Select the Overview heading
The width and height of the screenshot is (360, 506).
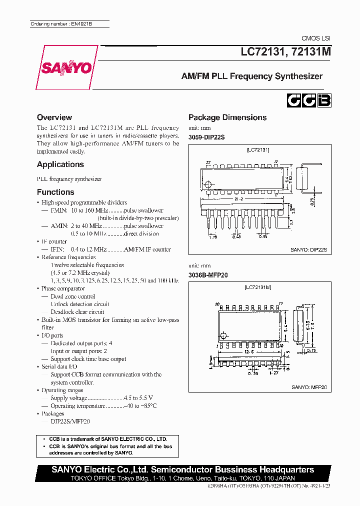(54, 117)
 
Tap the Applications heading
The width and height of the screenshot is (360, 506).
(60, 164)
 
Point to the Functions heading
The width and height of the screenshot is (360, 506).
(55, 192)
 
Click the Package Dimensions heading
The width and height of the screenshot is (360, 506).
(227, 117)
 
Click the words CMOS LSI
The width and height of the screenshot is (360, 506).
(315, 38)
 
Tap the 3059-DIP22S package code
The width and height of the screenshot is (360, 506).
(206, 136)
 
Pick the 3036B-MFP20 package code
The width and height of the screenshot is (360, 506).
(208, 275)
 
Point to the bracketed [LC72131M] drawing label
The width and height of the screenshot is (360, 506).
(258, 288)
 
